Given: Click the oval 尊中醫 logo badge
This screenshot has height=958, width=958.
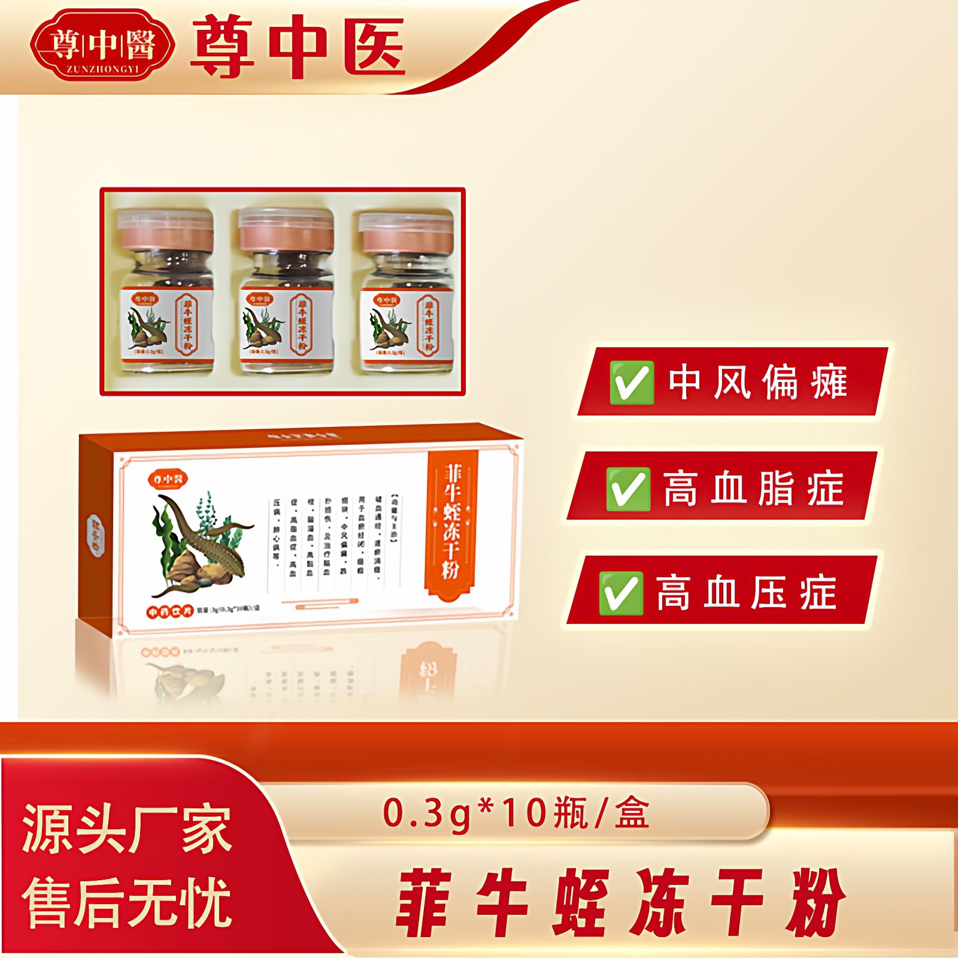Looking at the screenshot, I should tap(102, 45).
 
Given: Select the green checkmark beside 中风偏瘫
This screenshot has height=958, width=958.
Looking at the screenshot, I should tap(631, 382).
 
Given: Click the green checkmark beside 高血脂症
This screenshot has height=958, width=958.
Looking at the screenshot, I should tap(627, 489).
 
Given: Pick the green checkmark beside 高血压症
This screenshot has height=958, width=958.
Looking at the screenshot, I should tap(621, 593).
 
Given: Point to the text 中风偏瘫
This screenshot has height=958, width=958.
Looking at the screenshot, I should tap(758, 382).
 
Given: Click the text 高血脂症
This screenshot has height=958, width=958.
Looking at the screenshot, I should tap(753, 489).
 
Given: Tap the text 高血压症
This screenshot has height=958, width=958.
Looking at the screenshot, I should tap(746, 593).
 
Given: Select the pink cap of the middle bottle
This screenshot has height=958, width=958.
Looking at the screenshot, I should tap(286, 230).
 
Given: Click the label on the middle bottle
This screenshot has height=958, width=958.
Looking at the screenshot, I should tap(286, 323).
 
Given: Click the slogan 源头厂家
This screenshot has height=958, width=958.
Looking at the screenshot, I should tap(126, 829).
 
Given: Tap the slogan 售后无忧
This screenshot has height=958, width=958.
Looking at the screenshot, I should tap(126, 902).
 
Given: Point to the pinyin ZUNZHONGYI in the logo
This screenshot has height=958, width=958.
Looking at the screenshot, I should tap(102, 69).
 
